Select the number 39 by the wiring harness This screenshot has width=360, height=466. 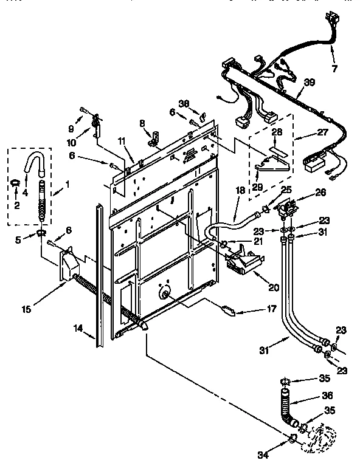[310, 83]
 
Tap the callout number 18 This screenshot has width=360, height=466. [240, 190]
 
